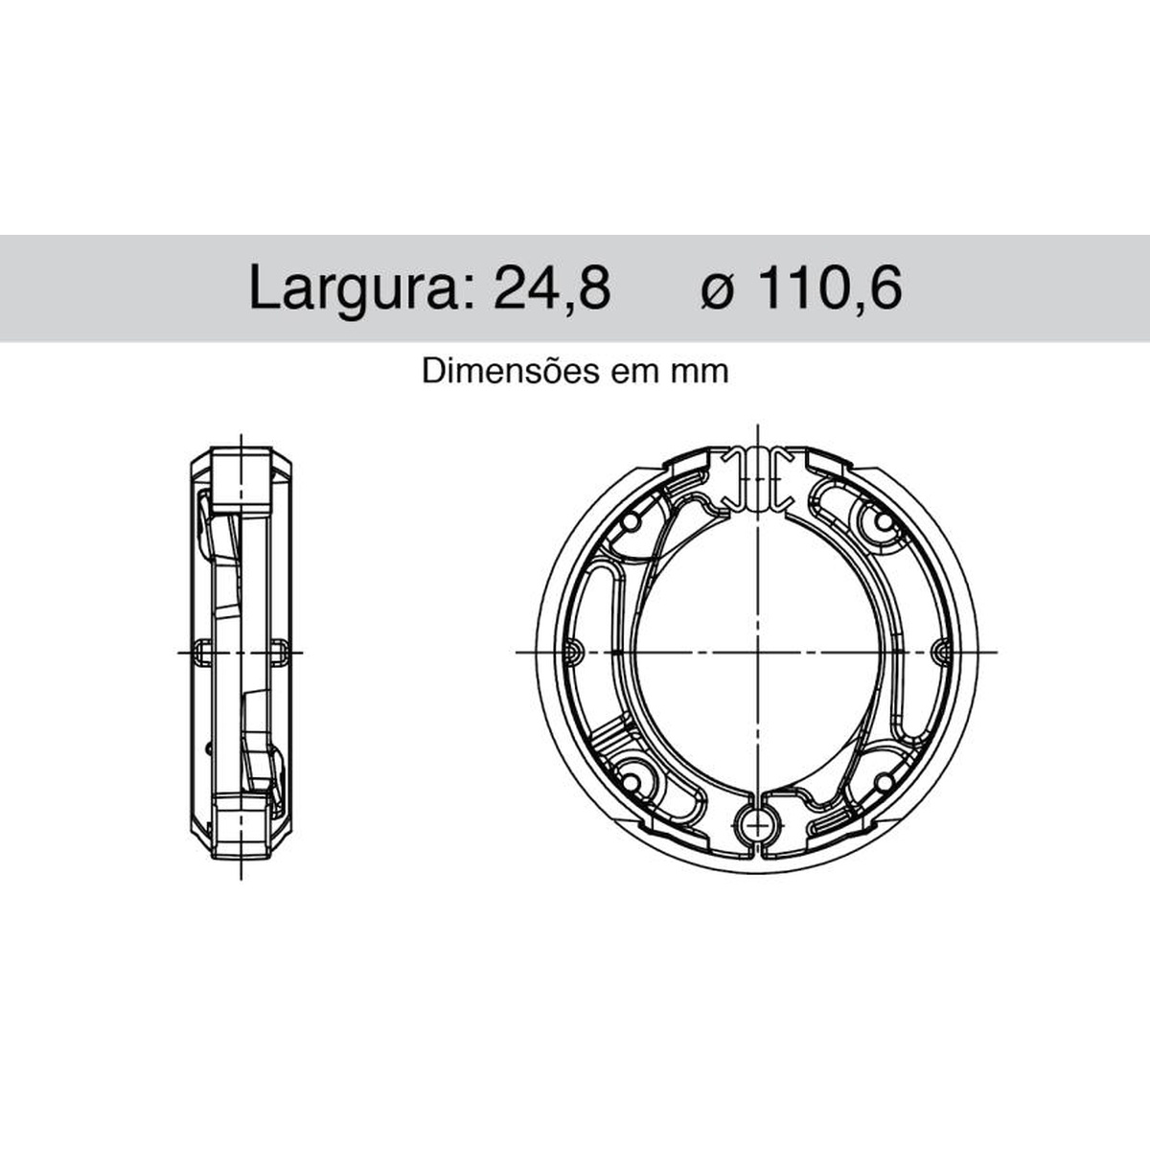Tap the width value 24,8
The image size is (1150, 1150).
coord(552,287)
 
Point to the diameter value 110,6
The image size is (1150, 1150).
coord(831,287)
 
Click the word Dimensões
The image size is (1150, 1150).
coord(510,371)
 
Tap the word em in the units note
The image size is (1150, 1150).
coord(635,374)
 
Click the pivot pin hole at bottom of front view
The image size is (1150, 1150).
coord(757,826)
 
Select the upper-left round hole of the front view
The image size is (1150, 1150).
coord(631,523)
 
